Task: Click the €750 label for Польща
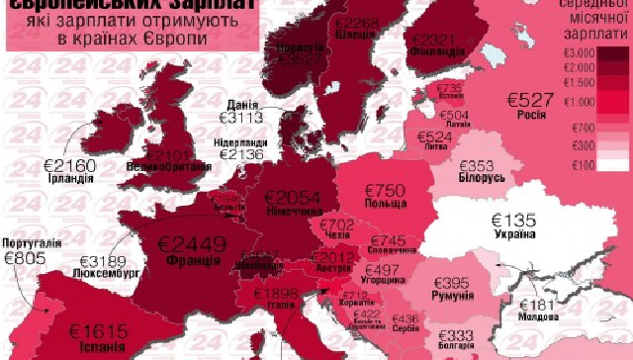(389, 190)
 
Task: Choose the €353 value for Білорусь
(474, 166)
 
